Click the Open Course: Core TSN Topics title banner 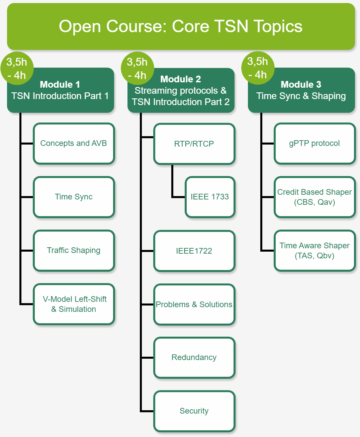[x=181, y=26]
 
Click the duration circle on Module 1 [x=17, y=68]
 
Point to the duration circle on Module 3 [x=258, y=68]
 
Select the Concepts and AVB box [x=74, y=144]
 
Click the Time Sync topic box [x=74, y=197]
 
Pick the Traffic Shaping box [x=74, y=251]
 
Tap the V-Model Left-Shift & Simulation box [x=74, y=304]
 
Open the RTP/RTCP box [x=194, y=144]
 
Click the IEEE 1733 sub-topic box [x=210, y=197]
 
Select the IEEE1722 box [x=194, y=251]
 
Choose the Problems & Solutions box [x=194, y=304]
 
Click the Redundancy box [x=194, y=358]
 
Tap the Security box [x=194, y=411]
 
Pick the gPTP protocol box [x=314, y=144]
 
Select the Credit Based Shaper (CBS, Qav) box [x=314, y=197]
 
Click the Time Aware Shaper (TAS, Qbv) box [x=314, y=251]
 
